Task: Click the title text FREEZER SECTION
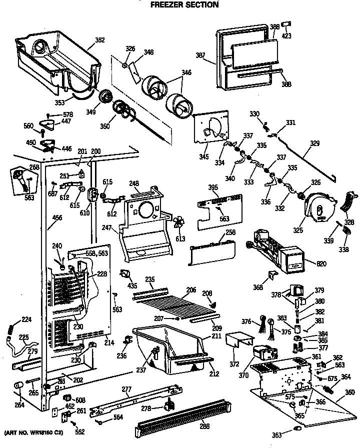coord(184,5)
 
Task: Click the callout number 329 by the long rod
coord(314,143)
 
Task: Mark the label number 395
coord(213,187)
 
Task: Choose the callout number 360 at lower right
coord(350,392)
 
